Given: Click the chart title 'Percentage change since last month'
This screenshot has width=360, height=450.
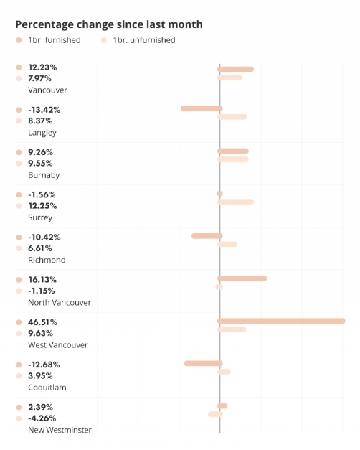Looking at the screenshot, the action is click(x=109, y=24).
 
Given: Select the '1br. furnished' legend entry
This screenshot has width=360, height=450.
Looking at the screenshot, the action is click(x=49, y=40).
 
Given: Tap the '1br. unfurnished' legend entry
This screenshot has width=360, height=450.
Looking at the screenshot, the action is click(x=138, y=40).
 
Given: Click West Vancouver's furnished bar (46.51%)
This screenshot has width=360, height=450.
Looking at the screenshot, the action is click(x=281, y=321).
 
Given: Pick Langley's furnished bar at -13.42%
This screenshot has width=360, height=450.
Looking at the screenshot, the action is click(x=202, y=108).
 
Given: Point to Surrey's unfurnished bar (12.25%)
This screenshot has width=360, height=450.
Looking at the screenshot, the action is click(x=235, y=202).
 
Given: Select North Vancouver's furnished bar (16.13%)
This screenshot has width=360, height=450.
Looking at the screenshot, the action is click(x=242, y=278).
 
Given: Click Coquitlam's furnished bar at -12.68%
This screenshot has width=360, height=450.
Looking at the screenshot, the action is click(x=204, y=363).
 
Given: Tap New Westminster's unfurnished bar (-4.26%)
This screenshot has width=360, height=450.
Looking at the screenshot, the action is click(x=215, y=414).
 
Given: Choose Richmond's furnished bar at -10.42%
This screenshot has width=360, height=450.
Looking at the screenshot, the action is click(x=207, y=236).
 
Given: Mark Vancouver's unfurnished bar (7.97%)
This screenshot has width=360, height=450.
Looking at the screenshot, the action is click(x=229, y=78).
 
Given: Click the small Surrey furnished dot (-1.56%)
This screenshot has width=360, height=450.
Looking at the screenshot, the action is click(x=219, y=194).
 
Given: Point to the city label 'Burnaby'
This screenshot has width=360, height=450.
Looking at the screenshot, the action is click(x=44, y=175).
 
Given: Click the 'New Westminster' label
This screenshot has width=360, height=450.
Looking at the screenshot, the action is click(x=60, y=430).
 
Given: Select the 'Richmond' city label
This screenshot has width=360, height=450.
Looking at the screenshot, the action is click(x=47, y=260).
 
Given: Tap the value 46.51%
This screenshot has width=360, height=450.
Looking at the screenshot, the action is click(x=43, y=322).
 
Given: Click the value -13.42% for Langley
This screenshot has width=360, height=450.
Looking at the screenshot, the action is click(x=44, y=110).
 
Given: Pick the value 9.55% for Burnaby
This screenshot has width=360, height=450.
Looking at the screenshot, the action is click(x=40, y=164).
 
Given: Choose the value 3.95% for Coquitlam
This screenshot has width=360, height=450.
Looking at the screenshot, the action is click(x=40, y=375).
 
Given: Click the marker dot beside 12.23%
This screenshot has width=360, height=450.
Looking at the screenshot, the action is click(x=19, y=67).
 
